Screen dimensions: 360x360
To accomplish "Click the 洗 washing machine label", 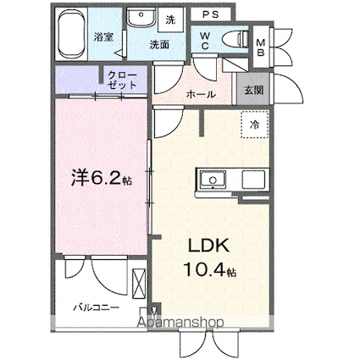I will [169, 19].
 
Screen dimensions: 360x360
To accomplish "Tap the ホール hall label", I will [199, 94].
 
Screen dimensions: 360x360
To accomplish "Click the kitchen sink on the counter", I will [211, 180].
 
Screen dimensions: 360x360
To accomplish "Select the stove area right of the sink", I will [252, 180].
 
